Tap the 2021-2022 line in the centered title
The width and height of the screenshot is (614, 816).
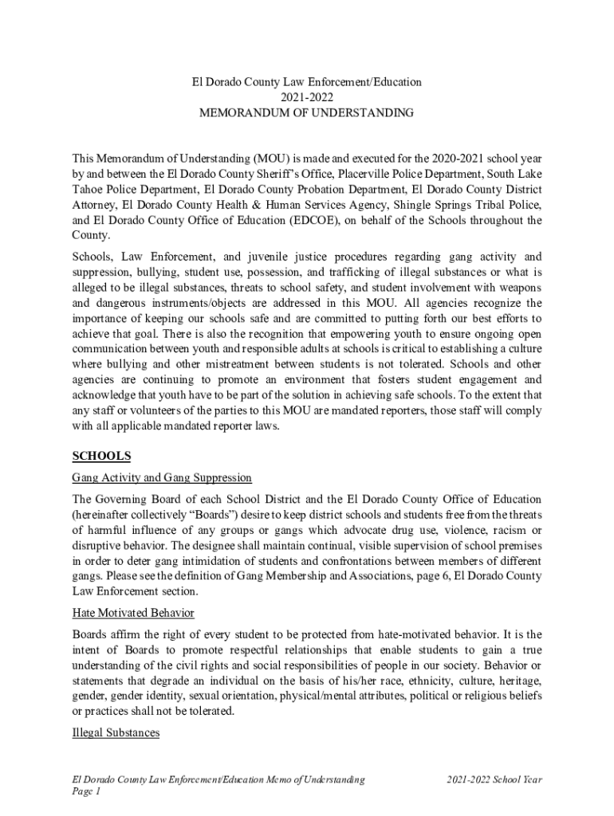pyautogui.click(x=306, y=97)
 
